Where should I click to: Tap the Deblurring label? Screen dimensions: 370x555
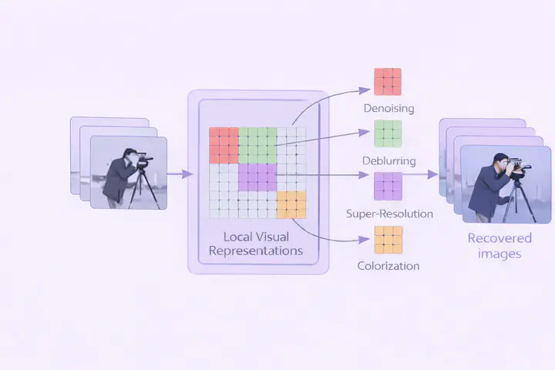(x=388, y=161)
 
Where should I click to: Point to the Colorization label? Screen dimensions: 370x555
(x=388, y=266)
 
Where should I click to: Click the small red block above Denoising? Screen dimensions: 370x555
(x=388, y=82)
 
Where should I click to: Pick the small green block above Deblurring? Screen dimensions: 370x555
(x=388, y=133)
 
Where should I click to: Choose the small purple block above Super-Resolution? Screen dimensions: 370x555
(x=388, y=186)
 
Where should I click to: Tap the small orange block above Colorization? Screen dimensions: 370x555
(x=388, y=239)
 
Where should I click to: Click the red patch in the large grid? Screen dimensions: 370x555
(x=224, y=144)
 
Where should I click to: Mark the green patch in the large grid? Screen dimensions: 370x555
(x=257, y=144)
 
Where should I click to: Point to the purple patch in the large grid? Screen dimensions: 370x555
(x=257, y=177)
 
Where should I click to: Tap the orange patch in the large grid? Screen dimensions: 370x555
(x=291, y=204)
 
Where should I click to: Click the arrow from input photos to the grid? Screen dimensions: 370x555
(x=180, y=173)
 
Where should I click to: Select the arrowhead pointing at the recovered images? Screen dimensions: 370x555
(x=433, y=174)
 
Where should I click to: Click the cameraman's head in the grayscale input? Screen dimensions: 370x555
(x=133, y=156)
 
